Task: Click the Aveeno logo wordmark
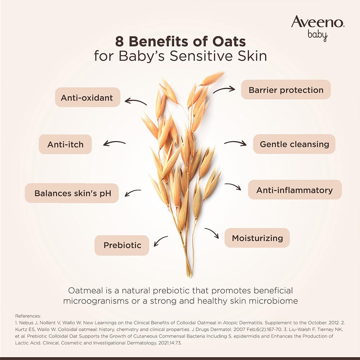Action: pos(318,22)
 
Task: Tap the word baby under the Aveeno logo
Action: pos(318,35)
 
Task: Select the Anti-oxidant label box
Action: pos(87,98)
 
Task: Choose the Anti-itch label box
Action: pos(66,144)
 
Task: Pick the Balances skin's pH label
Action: pos(72,193)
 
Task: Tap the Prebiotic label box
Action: pos(122,245)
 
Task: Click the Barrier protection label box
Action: pos(286,90)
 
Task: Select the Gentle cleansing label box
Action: pos(294,144)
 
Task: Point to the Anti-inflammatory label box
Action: pos(294,190)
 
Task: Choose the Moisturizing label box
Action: pos(257,238)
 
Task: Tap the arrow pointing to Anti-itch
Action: pos(114,143)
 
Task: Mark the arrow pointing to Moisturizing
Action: pos(212,233)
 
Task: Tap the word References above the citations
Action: pos(28,316)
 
